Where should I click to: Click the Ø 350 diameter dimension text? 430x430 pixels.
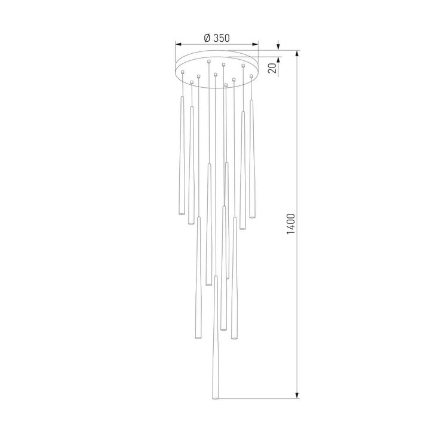pyautogui.click(x=217, y=37)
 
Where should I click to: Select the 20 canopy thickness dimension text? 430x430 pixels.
pyautogui.click(x=272, y=67)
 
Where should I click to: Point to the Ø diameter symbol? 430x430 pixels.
pyautogui.click(x=206, y=37)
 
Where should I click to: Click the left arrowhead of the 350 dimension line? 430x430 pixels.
pyautogui.click(x=177, y=44)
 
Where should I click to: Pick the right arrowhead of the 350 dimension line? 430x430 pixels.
pyautogui.click(x=256, y=44)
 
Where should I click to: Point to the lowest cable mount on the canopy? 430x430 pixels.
pyautogui.click(x=226, y=86)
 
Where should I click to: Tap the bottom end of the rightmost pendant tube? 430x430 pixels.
pyautogui.click(x=253, y=216)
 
